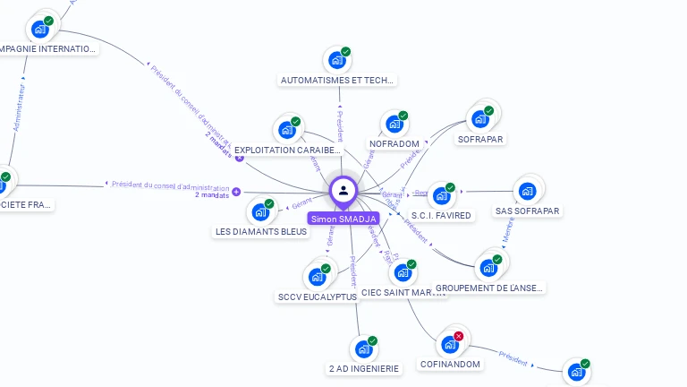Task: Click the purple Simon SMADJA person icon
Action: tap(343, 190)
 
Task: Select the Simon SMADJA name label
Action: tap(343, 219)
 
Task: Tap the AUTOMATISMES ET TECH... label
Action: tap(337, 80)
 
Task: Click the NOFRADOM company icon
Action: tap(393, 125)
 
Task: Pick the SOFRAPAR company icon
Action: tap(480, 118)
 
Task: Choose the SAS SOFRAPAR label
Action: tap(528, 211)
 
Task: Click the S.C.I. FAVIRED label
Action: tap(441, 215)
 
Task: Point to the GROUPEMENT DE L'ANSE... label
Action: tap(489, 288)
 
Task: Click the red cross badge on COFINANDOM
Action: tap(459, 336)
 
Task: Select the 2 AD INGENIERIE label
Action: tap(364, 367)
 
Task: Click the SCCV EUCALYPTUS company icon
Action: tap(317, 276)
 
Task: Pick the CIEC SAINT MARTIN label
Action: tap(403, 293)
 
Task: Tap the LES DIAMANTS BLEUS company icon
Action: tap(260, 212)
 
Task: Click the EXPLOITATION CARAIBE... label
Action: tap(287, 150)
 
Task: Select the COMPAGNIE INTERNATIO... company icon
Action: tap(39, 29)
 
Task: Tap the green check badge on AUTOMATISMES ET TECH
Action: tap(346, 51)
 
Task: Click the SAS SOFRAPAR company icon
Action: tap(527, 191)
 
